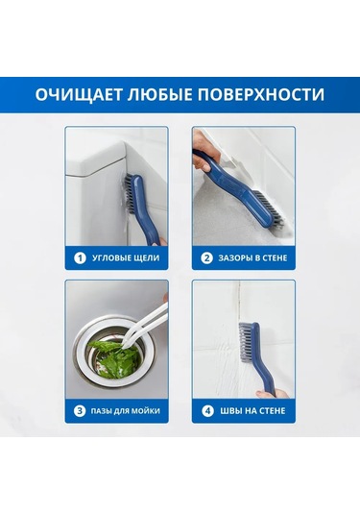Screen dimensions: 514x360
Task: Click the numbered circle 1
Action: click(81, 257)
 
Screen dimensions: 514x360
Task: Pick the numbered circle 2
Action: click(206, 257)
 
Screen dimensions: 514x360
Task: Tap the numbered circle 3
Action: click(81, 411)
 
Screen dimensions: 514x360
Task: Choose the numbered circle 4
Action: click(206, 411)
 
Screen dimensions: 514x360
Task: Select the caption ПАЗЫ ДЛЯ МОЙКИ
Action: click(125, 411)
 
